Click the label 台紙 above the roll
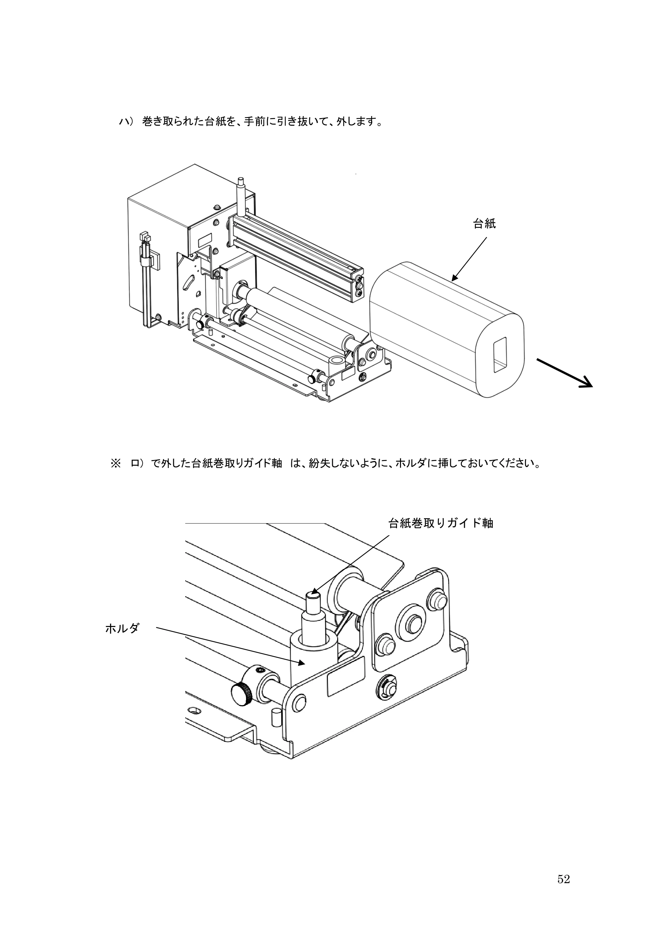(484, 224)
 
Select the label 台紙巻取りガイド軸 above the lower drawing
(441, 523)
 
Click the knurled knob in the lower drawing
(242, 694)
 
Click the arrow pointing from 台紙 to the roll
(469, 259)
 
